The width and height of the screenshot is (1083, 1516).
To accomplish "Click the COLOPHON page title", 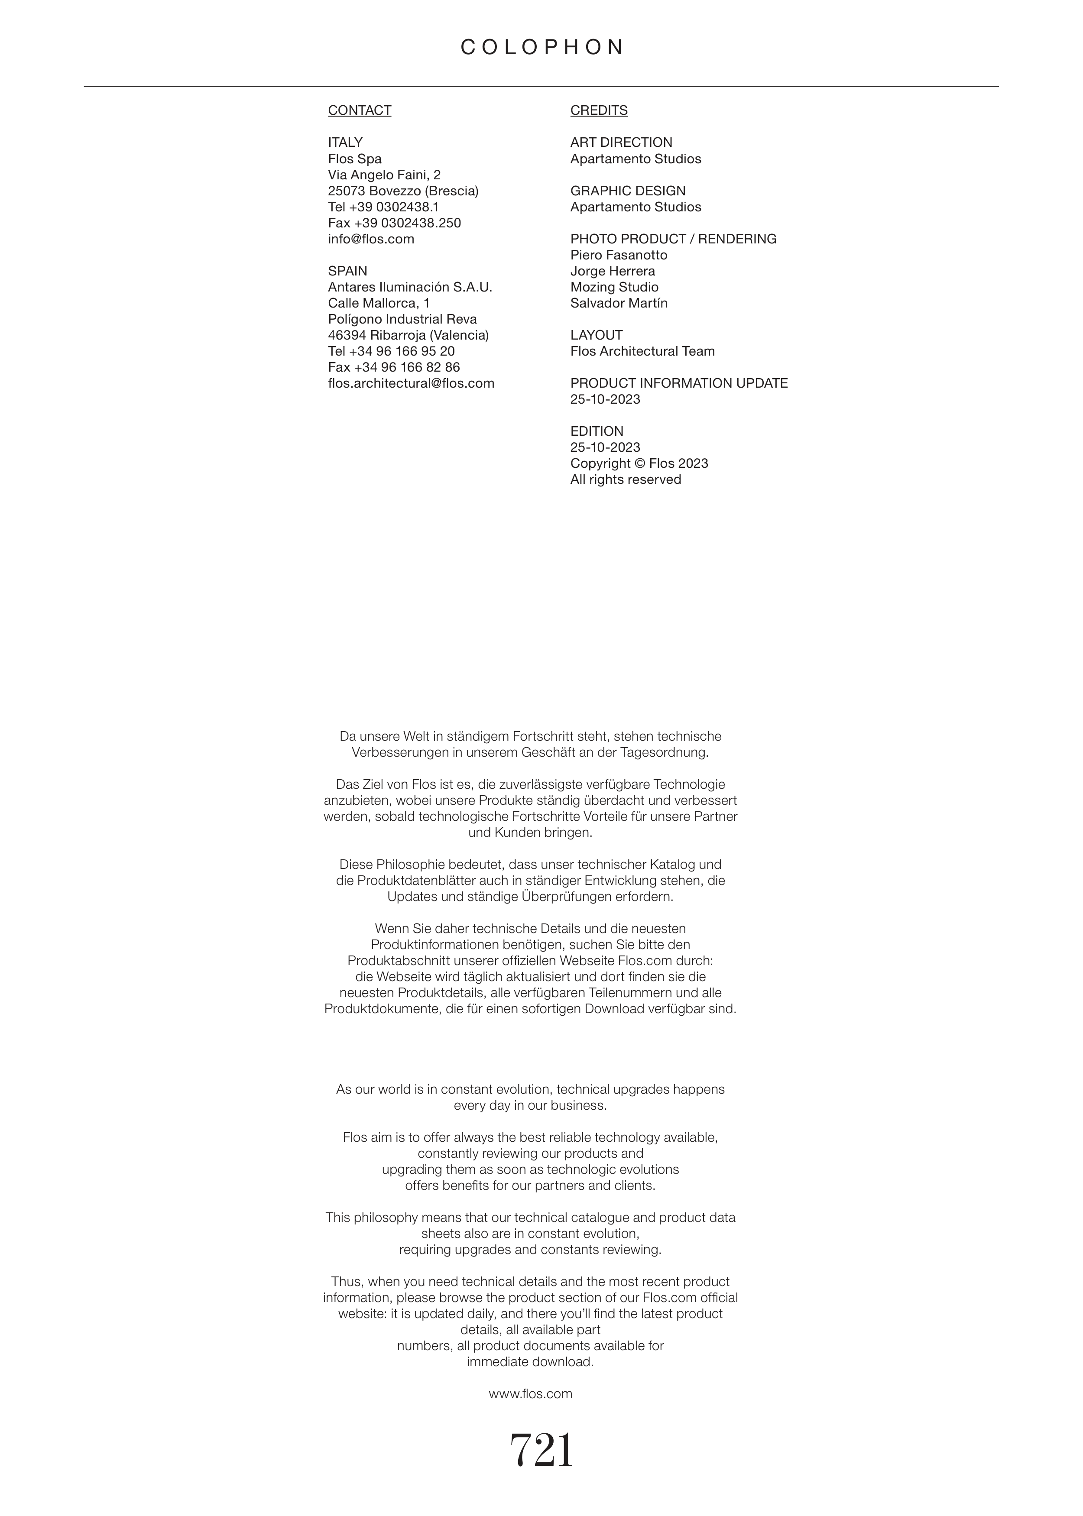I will [x=541, y=47].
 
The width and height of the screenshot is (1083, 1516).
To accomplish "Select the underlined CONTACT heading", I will [x=360, y=110].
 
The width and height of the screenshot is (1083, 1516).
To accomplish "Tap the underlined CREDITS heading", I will [x=599, y=110].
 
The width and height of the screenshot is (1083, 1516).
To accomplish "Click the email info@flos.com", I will [x=371, y=240].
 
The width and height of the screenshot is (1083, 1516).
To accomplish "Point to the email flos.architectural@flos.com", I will [x=411, y=383].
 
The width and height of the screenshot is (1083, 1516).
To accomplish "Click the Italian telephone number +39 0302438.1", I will [x=393, y=207].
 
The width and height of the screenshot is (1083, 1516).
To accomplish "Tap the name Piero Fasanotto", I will [x=618, y=255].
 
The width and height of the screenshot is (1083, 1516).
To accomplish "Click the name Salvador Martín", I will [x=618, y=303].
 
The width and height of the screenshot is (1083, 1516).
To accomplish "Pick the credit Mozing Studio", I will [x=614, y=287].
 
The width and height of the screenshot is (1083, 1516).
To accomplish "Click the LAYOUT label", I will [x=596, y=335].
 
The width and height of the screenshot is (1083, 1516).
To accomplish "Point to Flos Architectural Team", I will [x=642, y=351].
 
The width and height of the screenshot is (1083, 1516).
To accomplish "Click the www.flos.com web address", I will [x=530, y=1393].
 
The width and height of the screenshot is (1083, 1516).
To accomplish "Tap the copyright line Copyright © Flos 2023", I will [x=639, y=463].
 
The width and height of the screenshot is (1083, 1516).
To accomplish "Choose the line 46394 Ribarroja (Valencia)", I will [x=408, y=335].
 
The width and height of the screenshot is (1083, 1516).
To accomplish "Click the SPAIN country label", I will [x=347, y=271].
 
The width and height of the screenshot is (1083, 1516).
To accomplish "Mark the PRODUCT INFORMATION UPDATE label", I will [x=679, y=383].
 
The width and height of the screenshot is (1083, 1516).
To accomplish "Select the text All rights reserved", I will [x=626, y=479].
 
